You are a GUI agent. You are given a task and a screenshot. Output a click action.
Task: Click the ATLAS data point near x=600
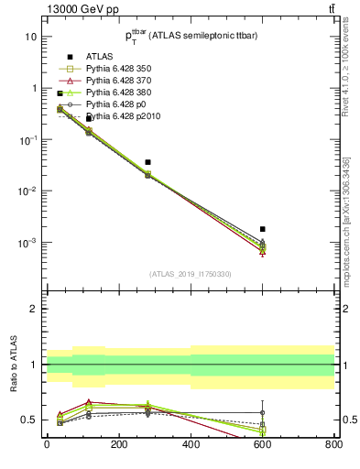coord(263,229)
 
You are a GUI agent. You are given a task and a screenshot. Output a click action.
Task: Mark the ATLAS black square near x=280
coord(147,162)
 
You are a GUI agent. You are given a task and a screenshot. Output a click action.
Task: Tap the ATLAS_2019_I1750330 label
coord(190,274)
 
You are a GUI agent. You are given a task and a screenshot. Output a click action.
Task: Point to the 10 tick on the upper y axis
coord(29,37)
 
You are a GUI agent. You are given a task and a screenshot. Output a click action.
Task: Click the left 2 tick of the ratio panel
coord(32,309)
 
